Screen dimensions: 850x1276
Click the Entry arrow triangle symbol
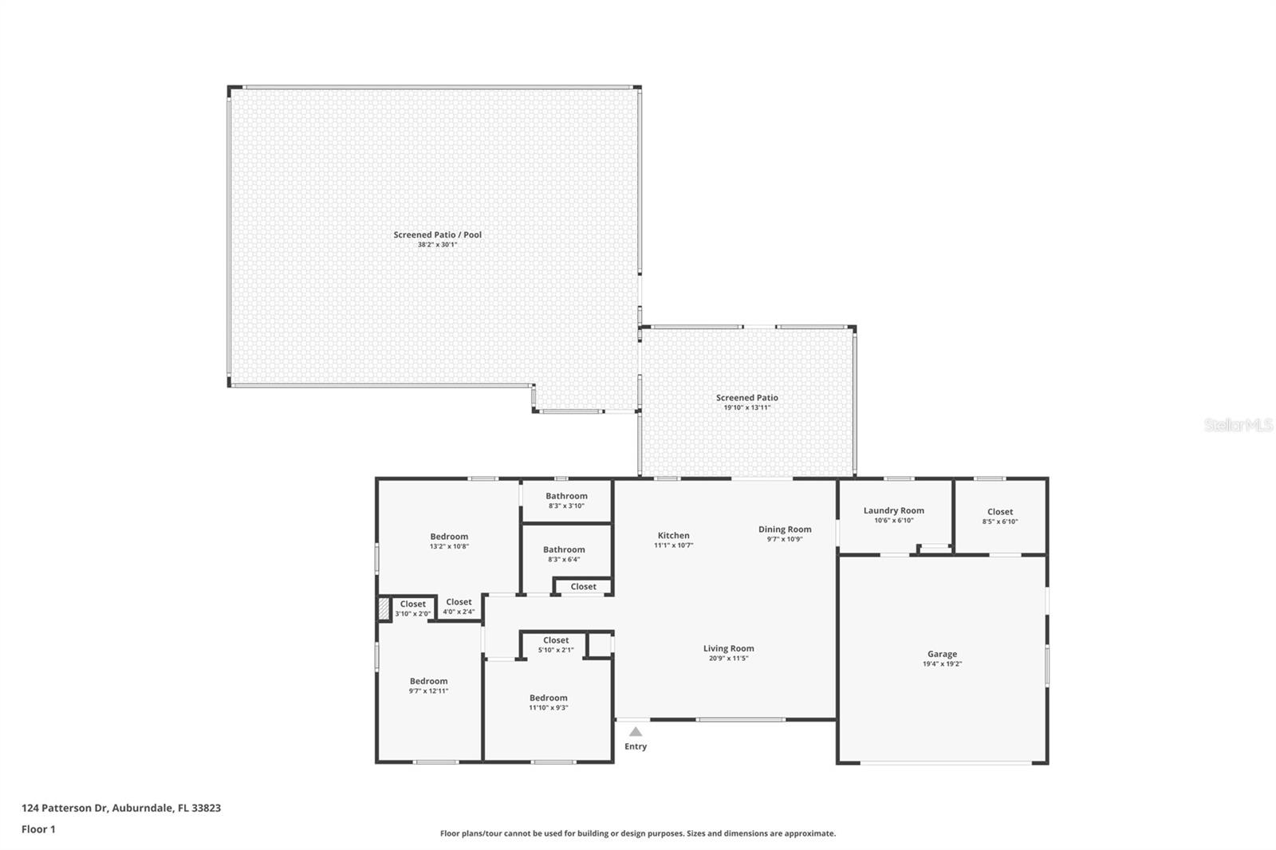tap(636, 731)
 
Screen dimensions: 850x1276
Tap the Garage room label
tap(942, 654)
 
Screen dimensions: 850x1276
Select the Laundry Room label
tap(893, 510)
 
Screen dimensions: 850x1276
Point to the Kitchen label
tap(673, 536)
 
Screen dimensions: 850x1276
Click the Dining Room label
tap(785, 529)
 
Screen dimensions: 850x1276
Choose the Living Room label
tap(728, 648)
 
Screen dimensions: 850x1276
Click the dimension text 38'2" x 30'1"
tap(437, 245)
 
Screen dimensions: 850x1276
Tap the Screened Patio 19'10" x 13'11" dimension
tap(746, 407)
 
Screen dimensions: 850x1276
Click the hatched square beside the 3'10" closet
tap(384, 608)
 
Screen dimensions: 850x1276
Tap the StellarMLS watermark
tap(1238, 425)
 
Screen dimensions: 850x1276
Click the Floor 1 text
tap(38, 829)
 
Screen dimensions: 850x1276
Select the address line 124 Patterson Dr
tap(121, 808)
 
